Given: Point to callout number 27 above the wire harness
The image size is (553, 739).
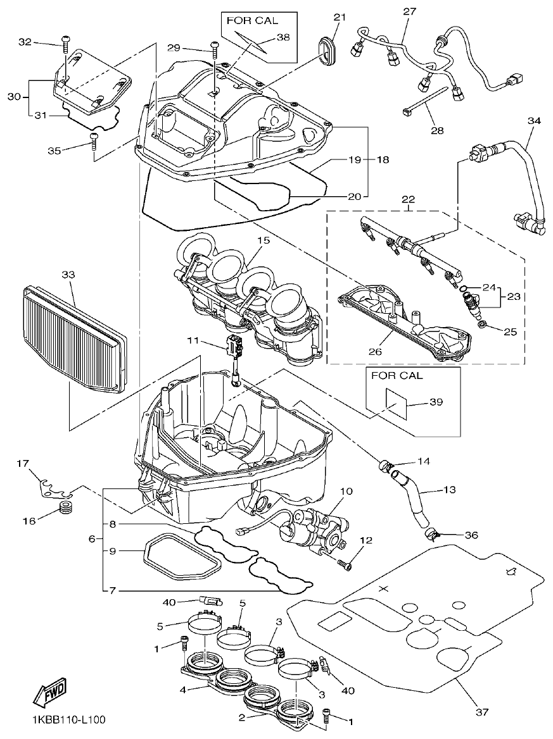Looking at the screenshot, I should (x=410, y=11).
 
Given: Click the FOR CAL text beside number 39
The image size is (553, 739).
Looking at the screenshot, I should (x=397, y=375).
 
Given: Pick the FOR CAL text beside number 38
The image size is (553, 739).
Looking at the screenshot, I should (x=252, y=20).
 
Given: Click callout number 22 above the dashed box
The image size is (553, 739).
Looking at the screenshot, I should (x=409, y=199).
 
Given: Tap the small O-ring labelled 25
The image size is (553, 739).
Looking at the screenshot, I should (x=483, y=325).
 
